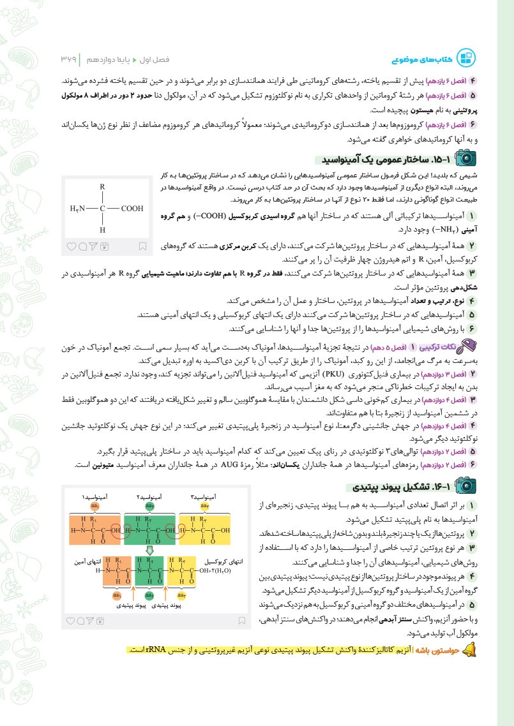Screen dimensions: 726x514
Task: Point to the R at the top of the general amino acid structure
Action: [102, 186]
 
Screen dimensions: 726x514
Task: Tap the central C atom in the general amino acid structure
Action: [102, 208]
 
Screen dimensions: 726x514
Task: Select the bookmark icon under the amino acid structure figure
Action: [143, 246]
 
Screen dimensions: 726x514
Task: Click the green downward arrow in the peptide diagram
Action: [149, 550]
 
